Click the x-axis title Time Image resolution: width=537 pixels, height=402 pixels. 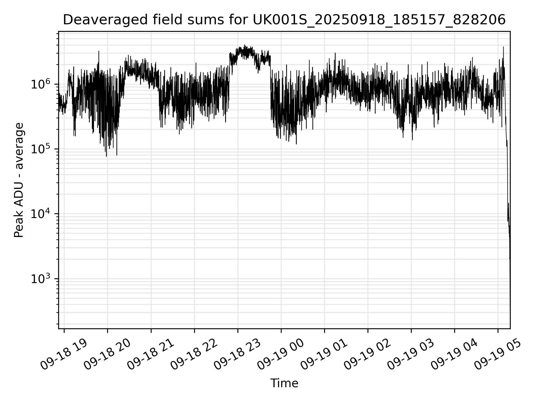(x=284, y=384)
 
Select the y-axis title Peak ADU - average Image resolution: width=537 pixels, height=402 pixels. (x=19, y=180)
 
